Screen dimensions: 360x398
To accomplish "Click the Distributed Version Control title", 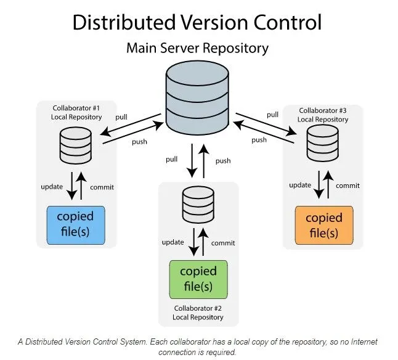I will tap(197, 22).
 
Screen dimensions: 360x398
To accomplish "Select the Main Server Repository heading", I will tap(197, 47).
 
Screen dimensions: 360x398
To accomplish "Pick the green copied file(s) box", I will tap(198, 279).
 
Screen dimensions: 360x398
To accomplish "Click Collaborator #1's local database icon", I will tap(76, 145).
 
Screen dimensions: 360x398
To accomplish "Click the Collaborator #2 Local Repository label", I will tap(198, 313).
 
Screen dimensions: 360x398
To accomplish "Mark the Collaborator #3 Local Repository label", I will tap(323, 114).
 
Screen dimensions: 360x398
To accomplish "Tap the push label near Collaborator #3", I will tap(259, 140).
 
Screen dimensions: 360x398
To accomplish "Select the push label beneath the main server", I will tap(223, 161).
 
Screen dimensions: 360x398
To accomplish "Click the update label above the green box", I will tap(173, 242).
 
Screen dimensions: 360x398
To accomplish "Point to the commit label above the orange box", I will tap(347, 186).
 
